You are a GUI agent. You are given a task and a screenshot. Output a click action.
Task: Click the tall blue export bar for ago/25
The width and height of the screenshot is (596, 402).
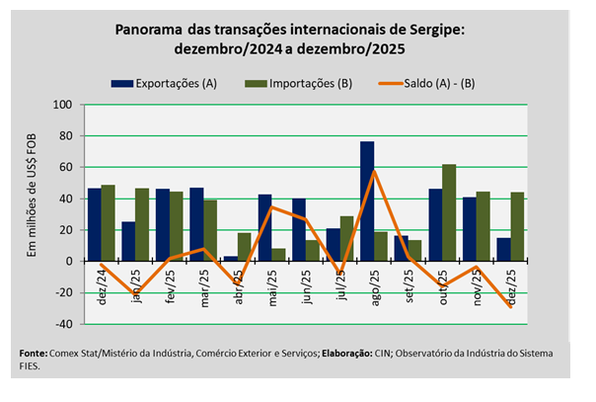pyautogui.click(x=366, y=201)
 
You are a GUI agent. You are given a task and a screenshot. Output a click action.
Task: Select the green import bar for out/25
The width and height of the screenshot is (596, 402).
pyautogui.click(x=449, y=212)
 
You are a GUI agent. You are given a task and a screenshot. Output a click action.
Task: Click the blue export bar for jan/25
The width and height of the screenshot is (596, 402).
pyautogui.click(x=128, y=241)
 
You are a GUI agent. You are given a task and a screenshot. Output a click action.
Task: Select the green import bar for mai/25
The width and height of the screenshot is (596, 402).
pyautogui.click(x=278, y=255)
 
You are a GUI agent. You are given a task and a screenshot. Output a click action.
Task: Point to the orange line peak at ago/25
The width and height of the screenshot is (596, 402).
pyautogui.click(x=373, y=171)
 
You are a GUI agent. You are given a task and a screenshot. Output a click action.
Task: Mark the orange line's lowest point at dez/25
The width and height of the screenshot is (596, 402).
pyautogui.click(x=511, y=307)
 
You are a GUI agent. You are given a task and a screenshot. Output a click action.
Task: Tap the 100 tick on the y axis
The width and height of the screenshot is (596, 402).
pyautogui.click(x=63, y=104)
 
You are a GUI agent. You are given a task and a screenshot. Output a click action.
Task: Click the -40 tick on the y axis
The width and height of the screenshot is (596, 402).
pyautogui.click(x=63, y=324)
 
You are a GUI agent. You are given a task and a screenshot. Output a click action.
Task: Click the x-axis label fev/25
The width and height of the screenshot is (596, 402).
pyautogui.click(x=170, y=282)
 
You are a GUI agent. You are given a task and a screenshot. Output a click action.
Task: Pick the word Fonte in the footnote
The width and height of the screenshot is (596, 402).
pyautogui.click(x=36, y=354)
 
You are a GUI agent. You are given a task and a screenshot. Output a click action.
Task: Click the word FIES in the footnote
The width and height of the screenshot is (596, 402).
pyautogui.click(x=31, y=364)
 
